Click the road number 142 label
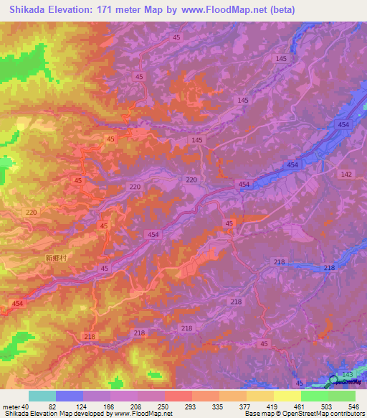[347, 175]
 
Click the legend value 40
[25, 407]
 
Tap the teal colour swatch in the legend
[42, 396]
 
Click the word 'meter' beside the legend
[11, 407]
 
